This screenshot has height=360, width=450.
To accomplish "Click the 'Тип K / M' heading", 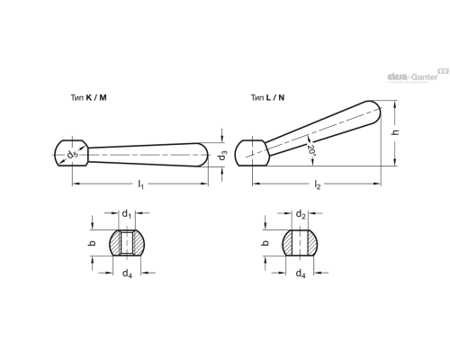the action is pyautogui.click(x=88, y=97).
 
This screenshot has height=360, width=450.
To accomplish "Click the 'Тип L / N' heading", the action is pyautogui.click(x=267, y=97).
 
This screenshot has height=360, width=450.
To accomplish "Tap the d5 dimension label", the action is pyautogui.click(x=72, y=155).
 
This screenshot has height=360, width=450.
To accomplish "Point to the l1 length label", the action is pyautogui.click(x=140, y=184).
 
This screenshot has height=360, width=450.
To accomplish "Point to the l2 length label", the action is pyautogui.click(x=318, y=184).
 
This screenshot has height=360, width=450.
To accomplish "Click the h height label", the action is pyautogui.click(x=395, y=132).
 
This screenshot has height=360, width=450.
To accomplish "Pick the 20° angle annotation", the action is pyautogui.click(x=311, y=150).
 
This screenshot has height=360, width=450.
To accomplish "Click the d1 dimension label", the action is pyautogui.click(x=127, y=214).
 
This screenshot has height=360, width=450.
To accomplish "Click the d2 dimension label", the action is pyautogui.click(x=301, y=214).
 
